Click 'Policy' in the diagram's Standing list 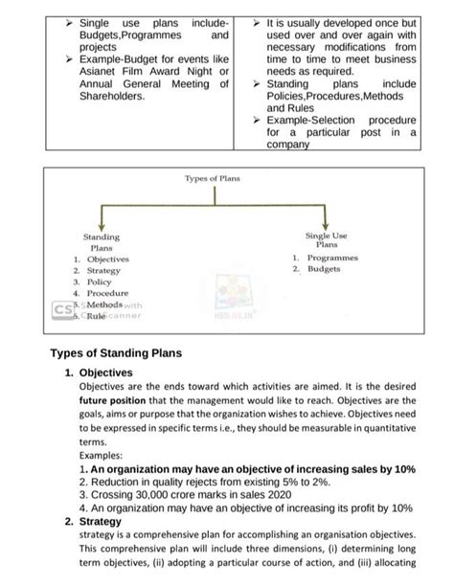100,282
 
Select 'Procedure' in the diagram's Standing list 107,294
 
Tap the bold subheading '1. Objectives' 104,373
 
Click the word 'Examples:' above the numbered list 102,457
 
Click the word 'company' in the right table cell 288,146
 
